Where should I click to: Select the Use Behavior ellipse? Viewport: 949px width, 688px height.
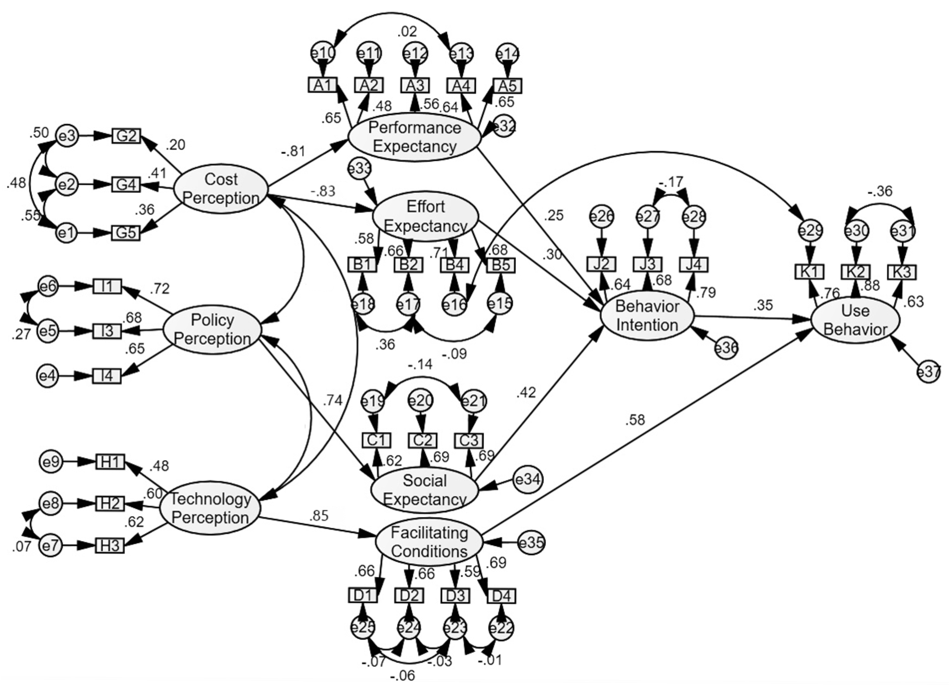[855, 320]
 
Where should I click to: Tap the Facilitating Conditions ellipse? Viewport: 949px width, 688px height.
[429, 542]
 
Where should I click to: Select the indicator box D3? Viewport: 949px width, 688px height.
[455, 595]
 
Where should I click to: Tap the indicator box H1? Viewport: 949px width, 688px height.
[110, 462]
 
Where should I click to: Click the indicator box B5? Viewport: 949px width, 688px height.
[501, 265]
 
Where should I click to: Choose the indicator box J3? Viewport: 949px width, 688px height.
[648, 264]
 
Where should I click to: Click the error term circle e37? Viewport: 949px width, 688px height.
[929, 372]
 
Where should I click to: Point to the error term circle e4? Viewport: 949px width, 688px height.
[48, 376]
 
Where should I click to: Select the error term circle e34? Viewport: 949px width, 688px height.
[529, 480]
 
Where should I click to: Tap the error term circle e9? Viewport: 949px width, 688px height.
[51, 462]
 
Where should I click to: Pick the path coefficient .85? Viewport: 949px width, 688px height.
[319, 516]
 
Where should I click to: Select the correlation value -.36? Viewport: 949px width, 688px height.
[879, 191]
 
